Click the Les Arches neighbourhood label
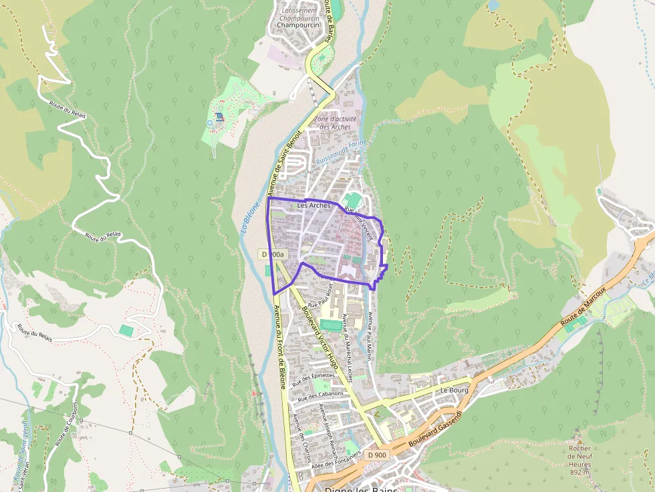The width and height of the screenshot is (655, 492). (x=313, y=206)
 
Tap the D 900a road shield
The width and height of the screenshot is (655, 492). (x=273, y=254)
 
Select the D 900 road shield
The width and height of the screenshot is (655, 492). (x=377, y=455)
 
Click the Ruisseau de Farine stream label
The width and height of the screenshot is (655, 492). (x=342, y=152)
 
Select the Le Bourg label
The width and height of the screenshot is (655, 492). (x=454, y=389)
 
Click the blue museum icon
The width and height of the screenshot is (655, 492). (x=219, y=122)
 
